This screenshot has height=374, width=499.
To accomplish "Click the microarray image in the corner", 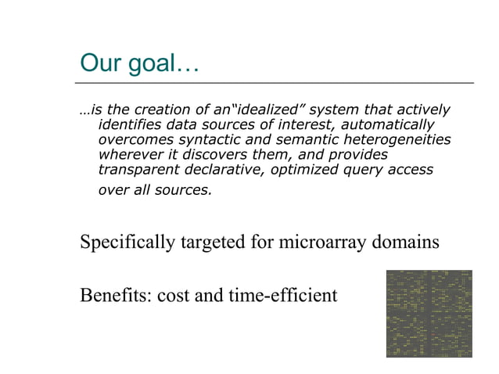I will coord(429,314).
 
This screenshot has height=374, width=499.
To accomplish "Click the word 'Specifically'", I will coord(127,243).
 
